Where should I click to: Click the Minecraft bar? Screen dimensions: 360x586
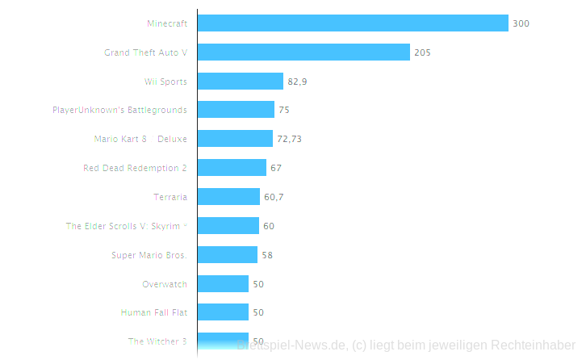point(353,23)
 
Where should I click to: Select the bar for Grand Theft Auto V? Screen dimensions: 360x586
point(303,52)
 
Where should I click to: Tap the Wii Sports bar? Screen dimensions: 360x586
point(241,82)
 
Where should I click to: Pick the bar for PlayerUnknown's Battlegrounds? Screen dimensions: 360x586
point(236,110)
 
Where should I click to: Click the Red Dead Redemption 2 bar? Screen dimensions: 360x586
point(232,168)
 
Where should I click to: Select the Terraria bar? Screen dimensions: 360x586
point(228,197)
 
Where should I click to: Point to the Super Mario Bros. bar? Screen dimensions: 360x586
point(227,255)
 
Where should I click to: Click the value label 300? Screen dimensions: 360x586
point(521,23)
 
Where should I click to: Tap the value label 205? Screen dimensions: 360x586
point(422,52)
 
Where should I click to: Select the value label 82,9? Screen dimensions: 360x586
point(297,82)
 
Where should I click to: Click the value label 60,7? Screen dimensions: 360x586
point(274,197)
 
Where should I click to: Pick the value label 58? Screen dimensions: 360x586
point(267,255)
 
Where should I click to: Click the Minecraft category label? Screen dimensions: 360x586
point(167,23)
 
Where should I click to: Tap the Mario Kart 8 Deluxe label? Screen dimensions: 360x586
point(140,139)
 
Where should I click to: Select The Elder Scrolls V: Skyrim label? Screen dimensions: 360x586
point(126,226)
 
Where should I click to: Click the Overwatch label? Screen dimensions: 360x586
point(165,284)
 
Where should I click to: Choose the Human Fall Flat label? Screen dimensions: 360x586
point(153,312)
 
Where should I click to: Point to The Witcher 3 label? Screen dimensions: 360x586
point(157,341)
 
